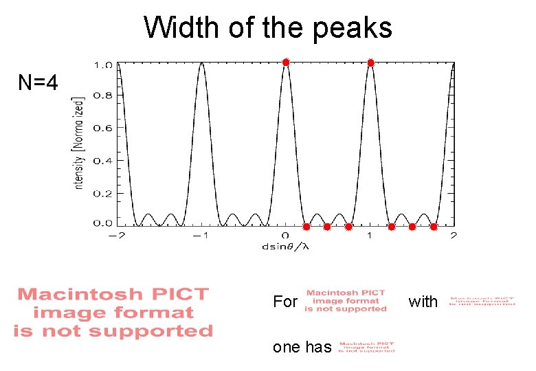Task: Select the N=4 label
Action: click(x=38, y=83)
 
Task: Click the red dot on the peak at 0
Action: click(x=286, y=63)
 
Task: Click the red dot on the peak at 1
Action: click(x=370, y=63)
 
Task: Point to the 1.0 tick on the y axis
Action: click(x=103, y=65)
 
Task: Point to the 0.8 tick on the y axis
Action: click(x=103, y=96)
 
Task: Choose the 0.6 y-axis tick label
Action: click(x=103, y=128)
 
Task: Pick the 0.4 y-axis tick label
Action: click(x=103, y=160)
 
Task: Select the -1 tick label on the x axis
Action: click(x=199, y=236)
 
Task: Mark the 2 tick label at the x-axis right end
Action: click(x=454, y=236)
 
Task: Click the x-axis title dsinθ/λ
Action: click(x=285, y=246)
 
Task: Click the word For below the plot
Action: click(x=285, y=302)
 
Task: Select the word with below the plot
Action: click(x=423, y=302)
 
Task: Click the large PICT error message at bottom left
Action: click(x=113, y=313)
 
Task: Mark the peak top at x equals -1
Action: click(x=201, y=63)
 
